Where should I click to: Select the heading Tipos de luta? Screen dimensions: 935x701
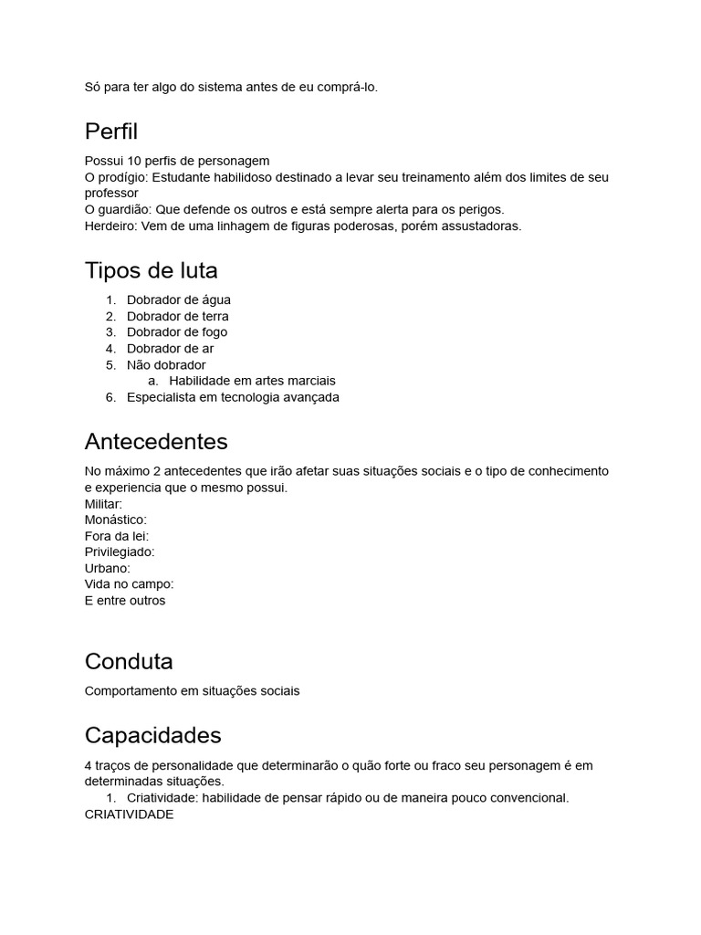tap(151, 270)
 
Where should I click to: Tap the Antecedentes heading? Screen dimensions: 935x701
tap(156, 442)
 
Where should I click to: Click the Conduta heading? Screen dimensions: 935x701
tap(129, 660)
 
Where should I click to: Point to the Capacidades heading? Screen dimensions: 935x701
tap(152, 735)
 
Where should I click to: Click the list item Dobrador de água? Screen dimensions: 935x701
tap(179, 299)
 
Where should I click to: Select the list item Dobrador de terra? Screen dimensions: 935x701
tap(178, 316)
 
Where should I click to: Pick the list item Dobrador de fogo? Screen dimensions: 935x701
tap(177, 332)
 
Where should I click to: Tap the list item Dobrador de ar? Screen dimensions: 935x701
tap(171, 349)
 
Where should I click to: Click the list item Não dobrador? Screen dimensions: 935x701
tap(166, 365)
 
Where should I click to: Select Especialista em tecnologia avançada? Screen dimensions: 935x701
tap(233, 397)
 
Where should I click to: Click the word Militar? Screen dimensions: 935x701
tap(102, 504)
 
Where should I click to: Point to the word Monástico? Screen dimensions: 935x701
tap(115, 520)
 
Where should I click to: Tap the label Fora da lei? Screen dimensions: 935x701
tap(116, 536)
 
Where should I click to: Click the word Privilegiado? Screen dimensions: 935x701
tap(119, 552)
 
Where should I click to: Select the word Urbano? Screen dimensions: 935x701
tap(107, 568)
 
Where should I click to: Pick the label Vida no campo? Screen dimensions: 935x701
tap(129, 583)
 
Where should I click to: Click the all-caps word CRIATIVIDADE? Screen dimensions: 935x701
tap(129, 814)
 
